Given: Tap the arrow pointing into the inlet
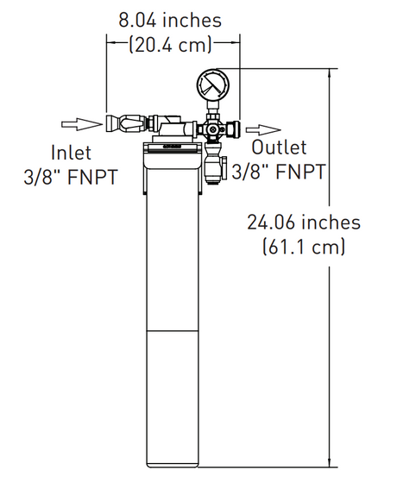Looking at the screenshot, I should [x=85, y=123].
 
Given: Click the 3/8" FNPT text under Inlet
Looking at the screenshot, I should [x=71, y=178].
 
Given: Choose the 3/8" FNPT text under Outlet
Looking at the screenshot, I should [x=278, y=172].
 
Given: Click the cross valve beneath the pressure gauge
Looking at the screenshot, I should [x=212, y=129].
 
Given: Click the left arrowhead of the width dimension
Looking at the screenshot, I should [x=110, y=39].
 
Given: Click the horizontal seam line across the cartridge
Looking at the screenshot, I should [x=175, y=329].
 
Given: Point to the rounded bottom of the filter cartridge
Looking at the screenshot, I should [x=175, y=461].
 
